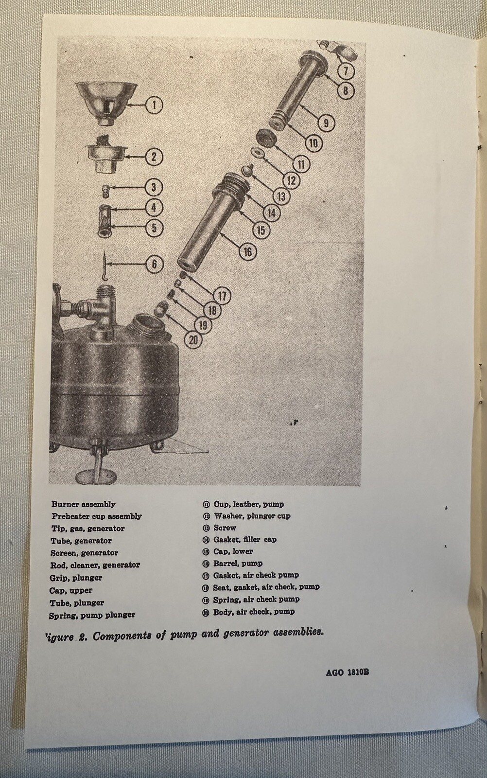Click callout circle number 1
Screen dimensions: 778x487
coord(154,104)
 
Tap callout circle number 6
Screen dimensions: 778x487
coord(155,264)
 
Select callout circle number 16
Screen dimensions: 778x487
coord(248,252)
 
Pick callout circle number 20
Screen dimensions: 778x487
coord(194,339)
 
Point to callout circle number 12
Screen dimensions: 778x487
coord(291,180)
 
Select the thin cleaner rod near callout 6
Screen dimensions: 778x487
coord(105,271)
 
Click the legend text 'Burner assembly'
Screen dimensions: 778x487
coord(84,505)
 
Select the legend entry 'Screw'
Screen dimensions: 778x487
coord(225,528)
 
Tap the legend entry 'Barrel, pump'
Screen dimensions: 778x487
coord(238,564)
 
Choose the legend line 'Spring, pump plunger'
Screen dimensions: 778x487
coord(92,615)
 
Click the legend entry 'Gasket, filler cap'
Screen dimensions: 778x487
coord(245,540)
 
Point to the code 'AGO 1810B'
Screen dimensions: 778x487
coord(348,673)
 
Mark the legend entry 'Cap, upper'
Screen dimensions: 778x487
coord(71,590)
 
